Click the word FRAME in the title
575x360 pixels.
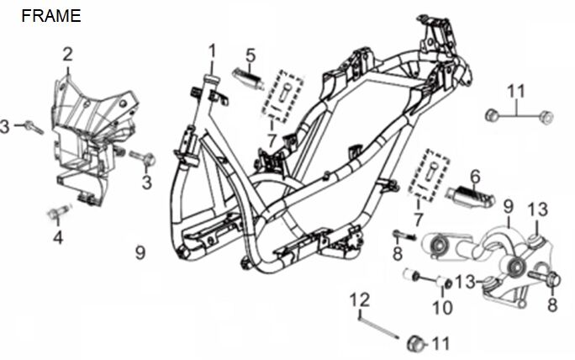point(51,16)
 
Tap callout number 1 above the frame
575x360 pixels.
point(212,51)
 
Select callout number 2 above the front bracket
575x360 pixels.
point(67,54)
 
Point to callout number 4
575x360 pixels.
point(57,238)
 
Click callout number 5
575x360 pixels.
point(250,55)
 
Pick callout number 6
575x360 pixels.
point(475,176)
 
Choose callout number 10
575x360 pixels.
point(441,307)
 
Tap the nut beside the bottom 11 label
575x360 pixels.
point(414,341)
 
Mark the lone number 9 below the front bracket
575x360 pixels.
point(141,251)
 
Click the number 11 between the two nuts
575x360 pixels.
point(515,91)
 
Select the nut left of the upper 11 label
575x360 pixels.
point(493,113)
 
